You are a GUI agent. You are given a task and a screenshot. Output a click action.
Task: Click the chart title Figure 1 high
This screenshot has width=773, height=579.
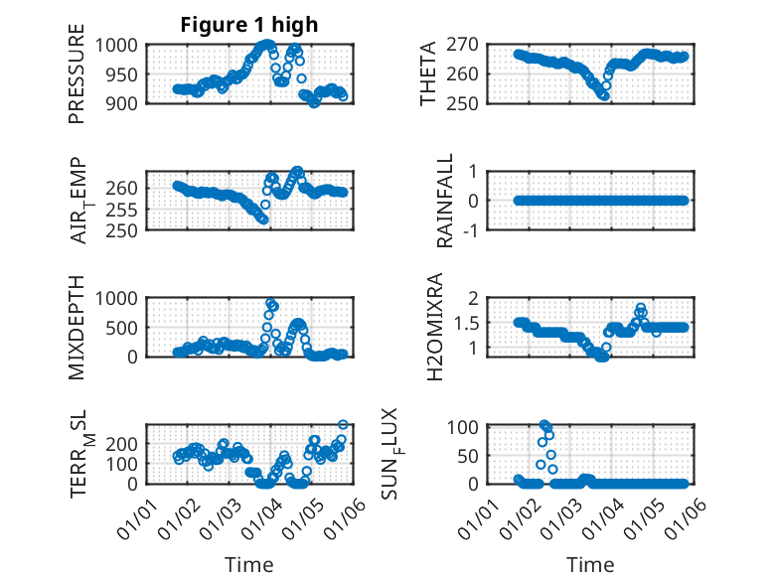(x=249, y=26)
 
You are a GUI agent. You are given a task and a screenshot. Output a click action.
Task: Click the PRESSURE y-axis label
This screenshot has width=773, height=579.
(x=77, y=81)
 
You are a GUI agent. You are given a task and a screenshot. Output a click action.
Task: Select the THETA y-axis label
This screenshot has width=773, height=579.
(x=428, y=73)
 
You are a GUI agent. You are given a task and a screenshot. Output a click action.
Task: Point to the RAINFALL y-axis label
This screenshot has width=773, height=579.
(x=445, y=201)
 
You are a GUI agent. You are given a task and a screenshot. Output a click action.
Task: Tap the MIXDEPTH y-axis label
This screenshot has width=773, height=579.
(x=77, y=328)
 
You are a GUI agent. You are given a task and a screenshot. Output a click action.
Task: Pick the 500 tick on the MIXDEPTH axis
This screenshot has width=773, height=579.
(x=128, y=327)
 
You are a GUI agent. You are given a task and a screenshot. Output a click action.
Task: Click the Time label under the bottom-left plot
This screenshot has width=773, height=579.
(x=249, y=565)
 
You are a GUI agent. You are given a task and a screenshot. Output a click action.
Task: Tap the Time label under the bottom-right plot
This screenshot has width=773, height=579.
(x=590, y=565)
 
